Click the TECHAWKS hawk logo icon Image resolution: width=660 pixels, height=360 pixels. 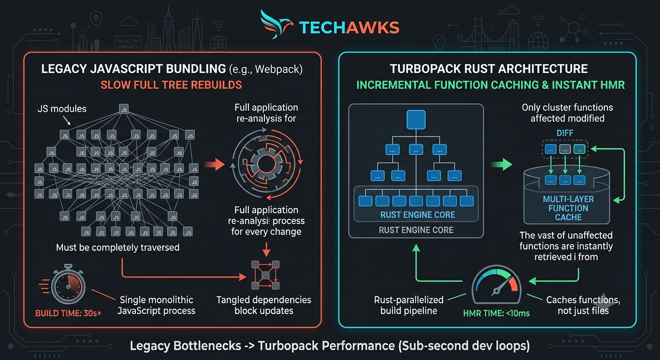[x=276, y=24]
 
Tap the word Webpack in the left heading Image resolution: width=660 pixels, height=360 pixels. [x=279, y=69]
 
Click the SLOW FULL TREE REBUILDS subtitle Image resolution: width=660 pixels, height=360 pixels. [x=171, y=85]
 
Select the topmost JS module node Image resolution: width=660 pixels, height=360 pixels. [x=124, y=109]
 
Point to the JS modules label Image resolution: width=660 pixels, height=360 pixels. [x=62, y=109]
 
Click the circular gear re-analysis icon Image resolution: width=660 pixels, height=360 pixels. [x=267, y=164]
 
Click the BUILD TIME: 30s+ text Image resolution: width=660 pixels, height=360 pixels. [x=68, y=313]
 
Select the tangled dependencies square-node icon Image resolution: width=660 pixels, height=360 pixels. [x=265, y=275]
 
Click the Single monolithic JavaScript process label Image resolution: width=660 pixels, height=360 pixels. [x=156, y=305]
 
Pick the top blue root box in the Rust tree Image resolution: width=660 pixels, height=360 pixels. [x=416, y=120]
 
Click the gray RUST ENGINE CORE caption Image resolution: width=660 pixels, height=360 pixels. [x=416, y=230]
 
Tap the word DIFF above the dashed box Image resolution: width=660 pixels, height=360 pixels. [x=565, y=133]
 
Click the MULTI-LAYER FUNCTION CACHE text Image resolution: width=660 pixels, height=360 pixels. [x=568, y=208]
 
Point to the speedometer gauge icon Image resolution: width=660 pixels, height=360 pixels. [x=496, y=285]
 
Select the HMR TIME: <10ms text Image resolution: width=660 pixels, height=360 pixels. [x=496, y=313]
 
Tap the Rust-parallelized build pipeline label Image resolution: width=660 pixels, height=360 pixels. [x=409, y=305]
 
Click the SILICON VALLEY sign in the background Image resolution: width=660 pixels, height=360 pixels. [x=128, y=44]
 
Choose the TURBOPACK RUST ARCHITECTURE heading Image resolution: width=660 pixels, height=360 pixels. [x=489, y=69]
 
